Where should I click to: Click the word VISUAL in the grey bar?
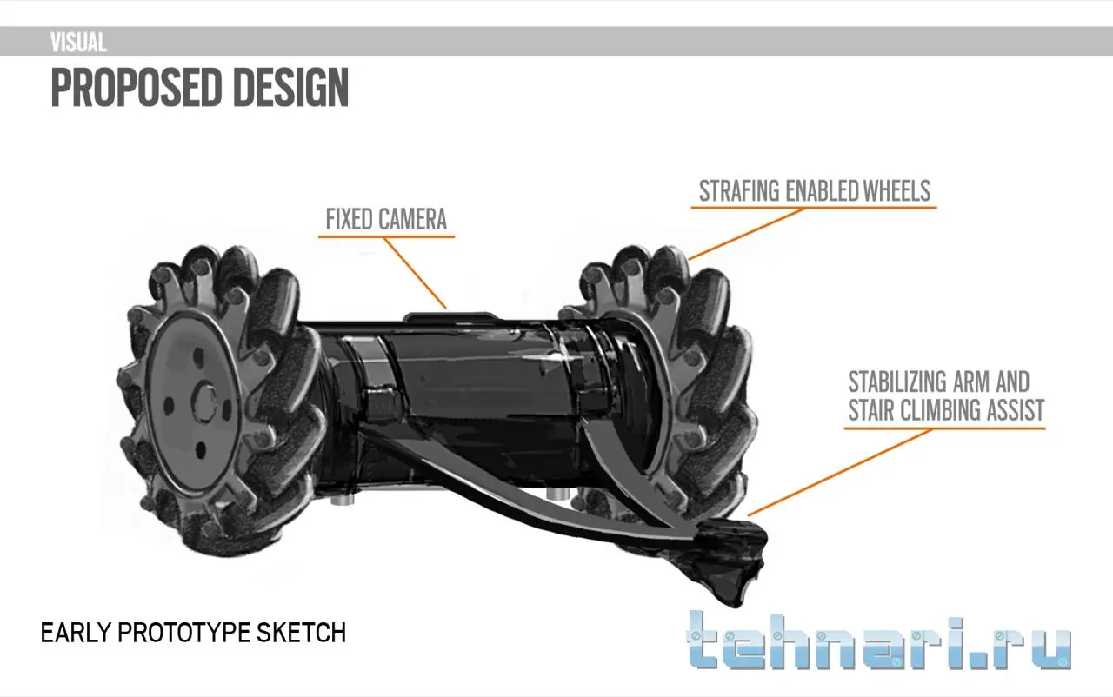coord(78,43)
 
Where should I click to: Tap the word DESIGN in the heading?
coord(290,88)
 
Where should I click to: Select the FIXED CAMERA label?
coord(386,219)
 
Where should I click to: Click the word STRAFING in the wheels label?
coord(739,191)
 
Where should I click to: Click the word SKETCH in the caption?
coord(301,633)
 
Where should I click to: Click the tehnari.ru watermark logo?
coord(878,641)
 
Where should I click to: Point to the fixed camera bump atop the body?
coord(450,316)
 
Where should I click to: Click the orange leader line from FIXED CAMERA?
coord(415,273)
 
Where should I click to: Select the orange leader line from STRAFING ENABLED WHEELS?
coord(745,234)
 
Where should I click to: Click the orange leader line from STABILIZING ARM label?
coord(839,473)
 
